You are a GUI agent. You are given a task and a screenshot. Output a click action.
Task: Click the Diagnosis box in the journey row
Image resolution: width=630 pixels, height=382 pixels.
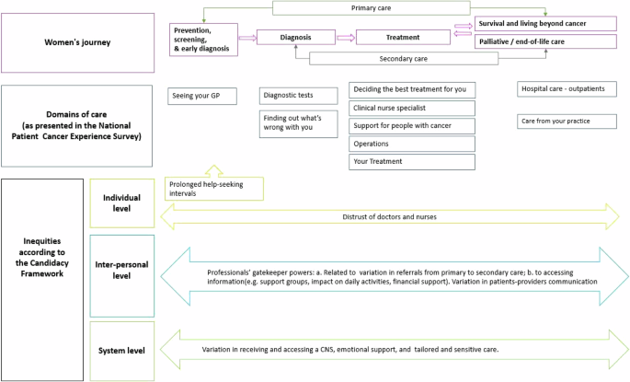pos(295,38)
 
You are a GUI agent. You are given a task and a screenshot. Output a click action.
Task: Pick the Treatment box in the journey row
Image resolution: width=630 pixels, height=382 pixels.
pos(402,38)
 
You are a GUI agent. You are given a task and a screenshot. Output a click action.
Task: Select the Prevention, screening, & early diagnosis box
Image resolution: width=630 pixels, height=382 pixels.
pos(203,39)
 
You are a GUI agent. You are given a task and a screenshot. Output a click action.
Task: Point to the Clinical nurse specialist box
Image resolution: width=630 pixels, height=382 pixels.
pos(412,108)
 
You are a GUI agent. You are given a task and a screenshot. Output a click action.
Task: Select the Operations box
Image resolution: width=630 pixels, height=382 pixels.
pos(412,144)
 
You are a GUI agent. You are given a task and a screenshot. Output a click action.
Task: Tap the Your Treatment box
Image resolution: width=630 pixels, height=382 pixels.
pos(412,161)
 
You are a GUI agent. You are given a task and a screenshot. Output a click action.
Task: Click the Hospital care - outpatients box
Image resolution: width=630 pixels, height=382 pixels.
pos(567,89)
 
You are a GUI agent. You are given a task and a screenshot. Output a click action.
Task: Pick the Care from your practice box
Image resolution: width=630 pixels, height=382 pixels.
pos(567,121)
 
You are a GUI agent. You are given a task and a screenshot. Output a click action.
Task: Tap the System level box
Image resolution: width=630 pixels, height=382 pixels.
pos(122,351)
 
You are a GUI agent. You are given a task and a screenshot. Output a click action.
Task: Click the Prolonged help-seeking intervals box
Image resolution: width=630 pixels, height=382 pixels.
pos(213,188)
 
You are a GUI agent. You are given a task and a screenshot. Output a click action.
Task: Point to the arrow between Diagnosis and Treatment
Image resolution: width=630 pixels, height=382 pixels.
pos(345,38)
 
